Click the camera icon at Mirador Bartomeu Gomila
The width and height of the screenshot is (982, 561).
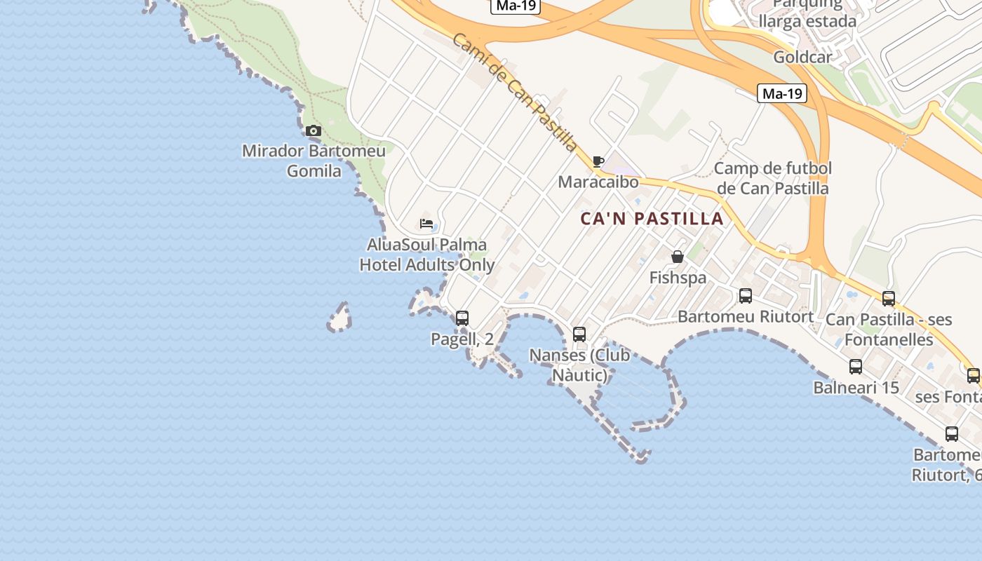point(314,131)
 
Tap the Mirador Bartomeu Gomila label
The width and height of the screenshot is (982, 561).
point(314,161)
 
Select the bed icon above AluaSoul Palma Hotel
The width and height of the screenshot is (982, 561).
point(426,224)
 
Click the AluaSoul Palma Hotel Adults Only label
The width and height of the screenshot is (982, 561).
point(426,255)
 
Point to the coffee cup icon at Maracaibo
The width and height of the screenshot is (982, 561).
point(598,162)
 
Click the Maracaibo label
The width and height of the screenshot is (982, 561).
point(598,182)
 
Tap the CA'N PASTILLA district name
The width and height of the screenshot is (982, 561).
point(652,219)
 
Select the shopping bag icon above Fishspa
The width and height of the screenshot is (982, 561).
point(677,257)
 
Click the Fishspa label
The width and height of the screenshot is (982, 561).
point(678,278)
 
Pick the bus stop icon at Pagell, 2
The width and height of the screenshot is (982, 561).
point(462,318)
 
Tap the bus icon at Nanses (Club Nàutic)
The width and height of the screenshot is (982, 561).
point(579,334)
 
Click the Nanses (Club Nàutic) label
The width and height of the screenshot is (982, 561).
point(579,365)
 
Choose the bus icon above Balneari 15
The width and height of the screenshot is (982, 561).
point(855,366)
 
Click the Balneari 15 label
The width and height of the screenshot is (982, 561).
point(856,387)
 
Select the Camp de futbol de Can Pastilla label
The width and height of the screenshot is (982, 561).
point(772,178)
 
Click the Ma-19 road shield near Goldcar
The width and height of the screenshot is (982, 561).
point(781,93)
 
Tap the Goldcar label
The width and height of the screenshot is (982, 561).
point(802,57)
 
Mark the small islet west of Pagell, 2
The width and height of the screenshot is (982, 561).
point(340,319)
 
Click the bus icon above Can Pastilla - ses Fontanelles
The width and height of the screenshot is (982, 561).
point(888,299)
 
